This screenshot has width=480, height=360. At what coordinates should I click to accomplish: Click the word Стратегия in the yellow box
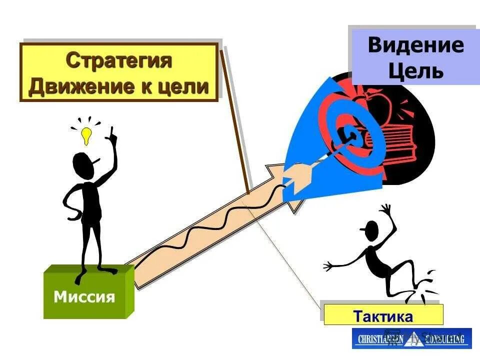(119, 61)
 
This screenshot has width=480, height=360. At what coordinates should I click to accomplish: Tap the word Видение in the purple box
(415, 45)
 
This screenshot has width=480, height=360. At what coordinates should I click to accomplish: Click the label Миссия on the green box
(84, 297)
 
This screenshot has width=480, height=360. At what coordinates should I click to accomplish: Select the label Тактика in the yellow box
(383, 316)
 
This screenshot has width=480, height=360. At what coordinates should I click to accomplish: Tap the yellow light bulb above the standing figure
(86, 134)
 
